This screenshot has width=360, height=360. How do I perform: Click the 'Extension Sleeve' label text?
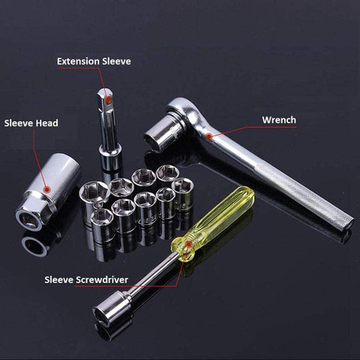(x=94, y=61)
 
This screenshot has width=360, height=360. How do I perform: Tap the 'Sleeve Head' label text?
(x=31, y=123)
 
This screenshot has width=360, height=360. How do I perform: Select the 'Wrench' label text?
(x=279, y=120)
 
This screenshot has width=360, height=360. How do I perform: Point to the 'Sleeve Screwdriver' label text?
(x=86, y=280)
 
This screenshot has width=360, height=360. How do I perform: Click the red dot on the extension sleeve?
(x=108, y=100)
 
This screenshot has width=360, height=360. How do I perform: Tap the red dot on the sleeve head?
(x=46, y=190)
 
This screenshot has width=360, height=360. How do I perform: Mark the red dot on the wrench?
(x=209, y=136)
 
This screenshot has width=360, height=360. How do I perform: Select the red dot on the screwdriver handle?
(x=189, y=244)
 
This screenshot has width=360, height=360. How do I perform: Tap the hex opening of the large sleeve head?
(x=28, y=220)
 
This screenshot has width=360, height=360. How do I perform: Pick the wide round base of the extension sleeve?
(x=110, y=157)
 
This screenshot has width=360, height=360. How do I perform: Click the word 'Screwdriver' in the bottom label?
(x=102, y=280)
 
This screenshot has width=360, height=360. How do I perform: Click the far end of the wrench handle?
(x=348, y=223)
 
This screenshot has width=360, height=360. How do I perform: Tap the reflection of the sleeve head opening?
(x=34, y=246)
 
